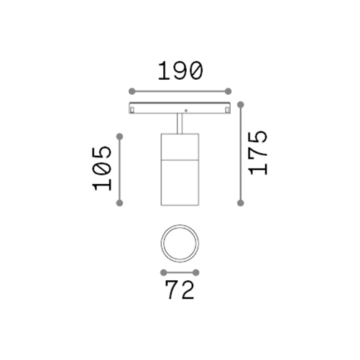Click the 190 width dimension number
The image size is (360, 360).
coord(180,70)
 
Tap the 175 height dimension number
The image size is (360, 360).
coord(257,152)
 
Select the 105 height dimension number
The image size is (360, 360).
coord(102,168)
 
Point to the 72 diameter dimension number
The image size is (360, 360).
coord(180,291)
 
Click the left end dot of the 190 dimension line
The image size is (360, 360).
coord(131,91)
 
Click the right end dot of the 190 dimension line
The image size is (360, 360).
coord(229,91)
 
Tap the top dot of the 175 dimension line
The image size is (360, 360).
coord(241,103)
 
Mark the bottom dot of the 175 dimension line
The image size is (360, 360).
coord(241,203)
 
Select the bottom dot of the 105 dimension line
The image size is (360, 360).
coord(119,203)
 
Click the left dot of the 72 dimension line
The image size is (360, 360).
coord(163,272)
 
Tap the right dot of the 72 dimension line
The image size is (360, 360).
coord(196,272)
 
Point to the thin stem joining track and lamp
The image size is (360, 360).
coord(180,124)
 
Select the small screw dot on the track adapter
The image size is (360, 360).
coord(186,110)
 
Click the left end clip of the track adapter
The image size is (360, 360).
coord(133,108)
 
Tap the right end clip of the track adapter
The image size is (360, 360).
coord(226,108)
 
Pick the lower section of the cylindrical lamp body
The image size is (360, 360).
coord(180,183)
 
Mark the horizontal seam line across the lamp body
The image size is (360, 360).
coord(180,161)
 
